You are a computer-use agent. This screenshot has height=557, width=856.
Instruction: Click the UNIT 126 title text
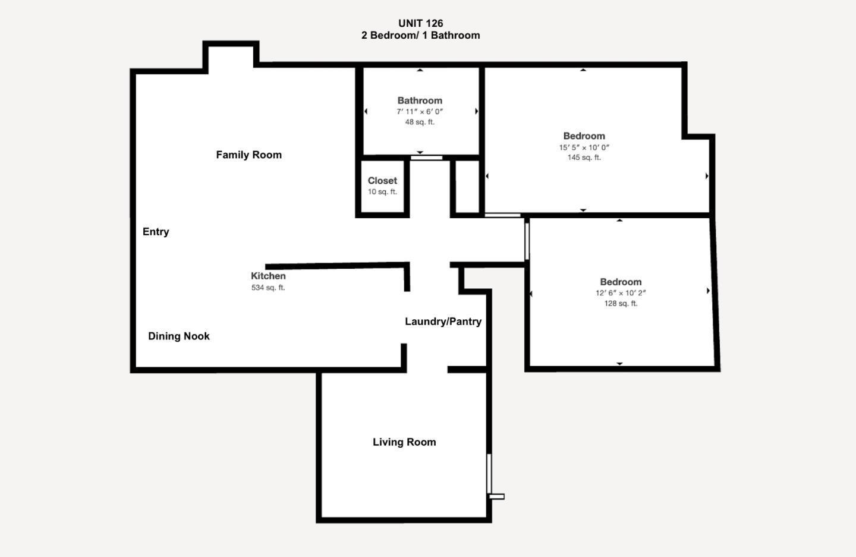pos(420,23)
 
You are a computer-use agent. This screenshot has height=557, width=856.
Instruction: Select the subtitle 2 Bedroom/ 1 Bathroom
pos(420,35)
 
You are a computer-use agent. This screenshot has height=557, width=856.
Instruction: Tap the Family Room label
pos(248,155)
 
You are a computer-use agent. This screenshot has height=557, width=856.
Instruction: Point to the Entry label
pos(156,232)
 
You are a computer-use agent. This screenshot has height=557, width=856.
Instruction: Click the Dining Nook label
pos(178,336)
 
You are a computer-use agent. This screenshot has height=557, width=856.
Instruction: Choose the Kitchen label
pos(268,276)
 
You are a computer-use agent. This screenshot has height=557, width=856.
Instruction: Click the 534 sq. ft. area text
pos(268,288)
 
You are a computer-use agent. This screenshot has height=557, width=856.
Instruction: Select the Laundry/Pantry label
pos(443,322)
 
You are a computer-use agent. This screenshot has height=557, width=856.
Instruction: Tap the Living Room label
pos(404,442)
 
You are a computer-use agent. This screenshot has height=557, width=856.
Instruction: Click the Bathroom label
pos(420,100)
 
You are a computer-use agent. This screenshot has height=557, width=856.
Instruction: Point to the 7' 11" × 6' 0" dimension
pos(420,112)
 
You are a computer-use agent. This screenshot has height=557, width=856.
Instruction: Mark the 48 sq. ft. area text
pos(420,122)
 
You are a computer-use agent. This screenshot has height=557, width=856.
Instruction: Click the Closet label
pos(382,181)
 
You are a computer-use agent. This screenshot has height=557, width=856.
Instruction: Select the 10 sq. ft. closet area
pos(382,191)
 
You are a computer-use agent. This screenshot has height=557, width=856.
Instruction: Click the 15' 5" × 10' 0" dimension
pos(584,147)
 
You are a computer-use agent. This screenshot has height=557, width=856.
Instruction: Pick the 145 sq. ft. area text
pos(584,158)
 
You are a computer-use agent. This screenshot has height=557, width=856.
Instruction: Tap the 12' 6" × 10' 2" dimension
pos(621,293)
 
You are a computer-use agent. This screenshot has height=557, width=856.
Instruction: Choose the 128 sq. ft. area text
pos(621,303)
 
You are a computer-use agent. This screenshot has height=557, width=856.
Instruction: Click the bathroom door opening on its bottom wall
pos(427,158)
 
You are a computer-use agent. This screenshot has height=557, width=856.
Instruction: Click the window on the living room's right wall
pos(489,474)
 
